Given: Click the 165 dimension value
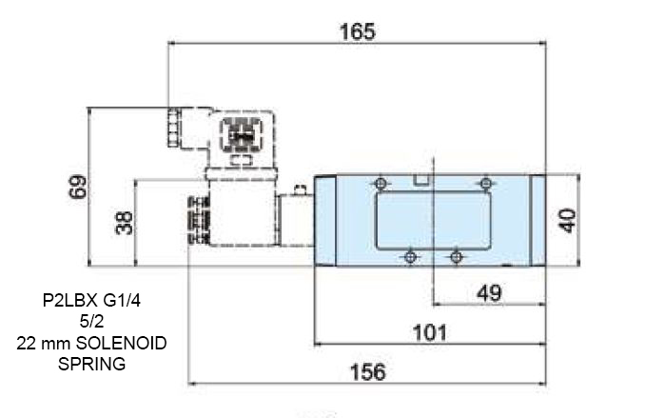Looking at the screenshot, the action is point(358,31).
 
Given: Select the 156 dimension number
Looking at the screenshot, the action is point(368,371).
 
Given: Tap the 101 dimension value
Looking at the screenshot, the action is point(430,332).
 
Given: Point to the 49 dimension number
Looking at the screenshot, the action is point(489,293).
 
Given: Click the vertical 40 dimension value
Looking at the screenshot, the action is point(567,221).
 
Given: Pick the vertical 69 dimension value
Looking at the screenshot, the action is point(78,187).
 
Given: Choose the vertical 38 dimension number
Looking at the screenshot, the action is point(124,223).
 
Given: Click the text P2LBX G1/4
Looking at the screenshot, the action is point(91,301).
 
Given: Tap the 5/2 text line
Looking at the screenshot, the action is point(91,321).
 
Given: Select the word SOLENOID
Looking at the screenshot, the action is point(121,343).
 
